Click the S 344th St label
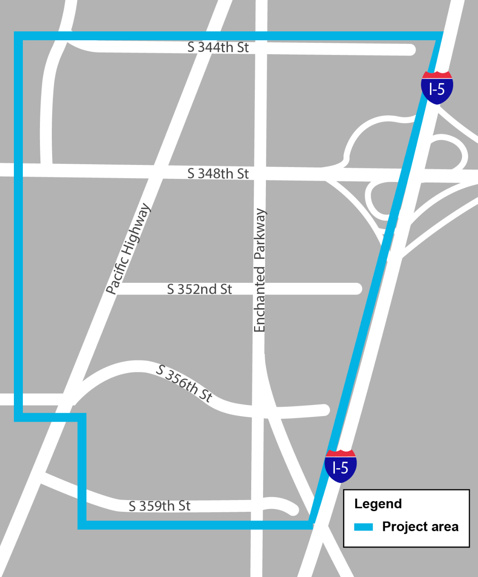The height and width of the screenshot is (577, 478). (218, 47)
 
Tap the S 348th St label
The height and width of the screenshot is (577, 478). (218, 174)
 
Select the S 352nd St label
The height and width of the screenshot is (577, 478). (199, 289)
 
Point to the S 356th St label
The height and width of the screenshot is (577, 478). (185, 383)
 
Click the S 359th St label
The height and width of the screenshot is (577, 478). (159, 506)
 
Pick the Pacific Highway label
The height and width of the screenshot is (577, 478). (128, 249)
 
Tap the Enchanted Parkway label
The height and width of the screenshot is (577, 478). (259, 270)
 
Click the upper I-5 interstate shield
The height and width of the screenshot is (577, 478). (437, 88)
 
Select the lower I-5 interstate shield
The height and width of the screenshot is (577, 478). (341, 466)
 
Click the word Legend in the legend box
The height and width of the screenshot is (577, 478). (378, 504)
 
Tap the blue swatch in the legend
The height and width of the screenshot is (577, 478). (363, 527)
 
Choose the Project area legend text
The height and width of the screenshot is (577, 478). (420, 527)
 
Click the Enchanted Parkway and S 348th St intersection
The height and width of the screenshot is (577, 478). (260, 173)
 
